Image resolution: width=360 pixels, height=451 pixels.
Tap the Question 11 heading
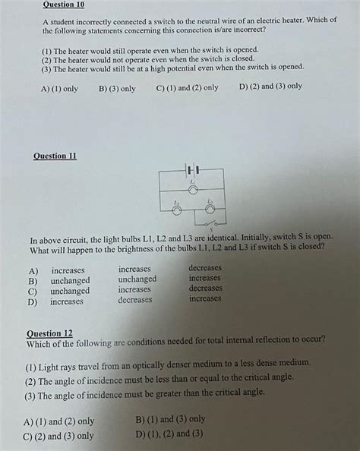coord(55,156)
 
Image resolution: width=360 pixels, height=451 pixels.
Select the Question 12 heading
coord(50,333)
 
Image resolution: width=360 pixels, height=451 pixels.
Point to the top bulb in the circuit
coord(192,190)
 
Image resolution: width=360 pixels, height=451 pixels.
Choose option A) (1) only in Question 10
coord(60,89)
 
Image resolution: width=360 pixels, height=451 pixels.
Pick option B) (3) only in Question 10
coord(117,89)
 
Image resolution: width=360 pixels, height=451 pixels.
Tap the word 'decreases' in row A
coord(205,268)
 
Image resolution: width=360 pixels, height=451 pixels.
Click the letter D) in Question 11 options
coord(33,301)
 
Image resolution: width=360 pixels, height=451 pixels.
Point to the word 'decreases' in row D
coord(134,300)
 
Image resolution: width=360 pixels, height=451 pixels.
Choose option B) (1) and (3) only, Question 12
coord(170,419)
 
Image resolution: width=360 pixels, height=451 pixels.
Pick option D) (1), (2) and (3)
coord(169,434)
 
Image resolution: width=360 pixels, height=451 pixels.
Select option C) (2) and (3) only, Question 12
coord(58,436)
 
